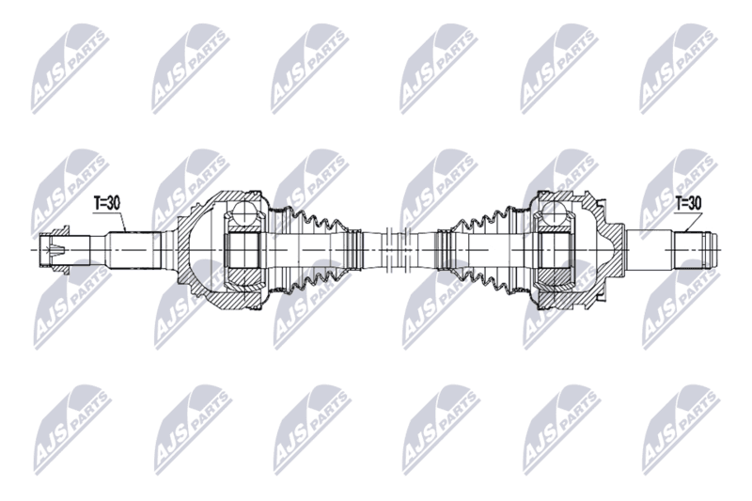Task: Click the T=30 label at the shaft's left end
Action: [x=106, y=203]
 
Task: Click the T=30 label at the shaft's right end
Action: [x=688, y=203]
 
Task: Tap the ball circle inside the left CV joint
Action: [x=244, y=212]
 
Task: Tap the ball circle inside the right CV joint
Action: [x=554, y=212]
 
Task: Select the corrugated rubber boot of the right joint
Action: [x=483, y=250]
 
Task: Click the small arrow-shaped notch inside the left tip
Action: [x=56, y=249]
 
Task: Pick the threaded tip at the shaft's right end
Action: [x=697, y=250]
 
